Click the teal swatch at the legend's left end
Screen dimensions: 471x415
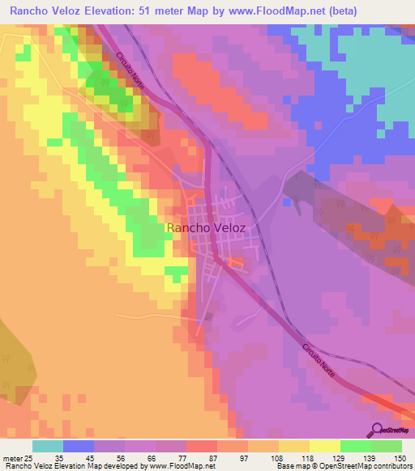coord(48,446)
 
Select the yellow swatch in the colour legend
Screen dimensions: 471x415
coord(325,446)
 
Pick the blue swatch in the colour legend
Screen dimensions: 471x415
coord(79,446)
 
